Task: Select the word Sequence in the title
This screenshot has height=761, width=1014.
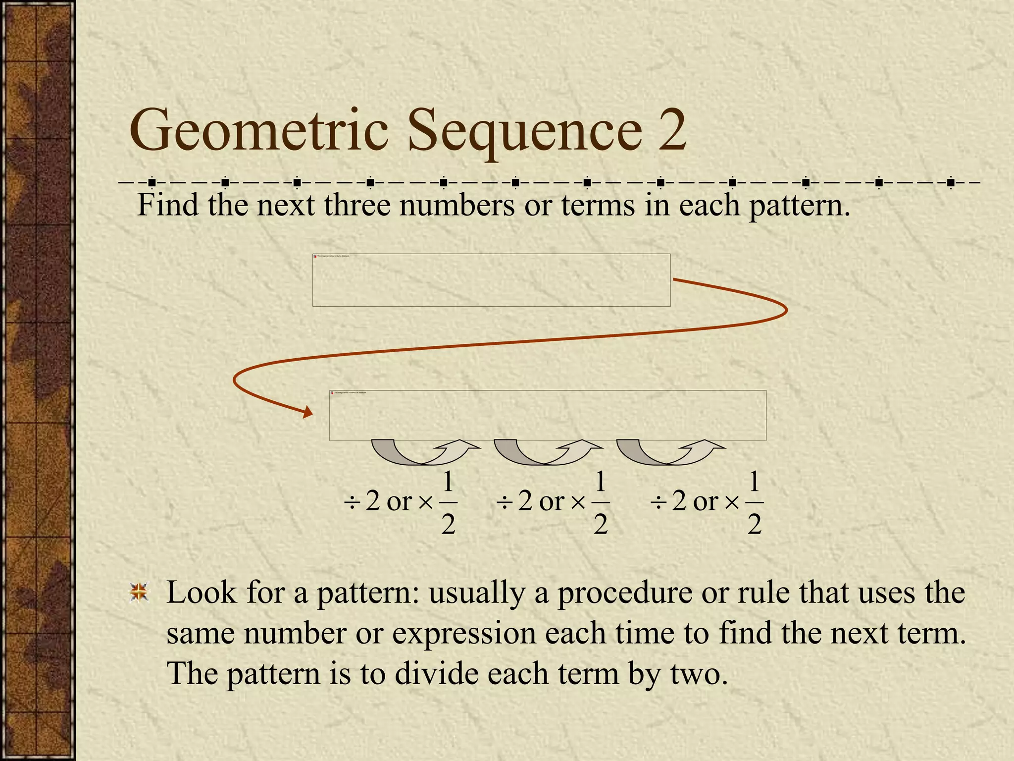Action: pos(525,131)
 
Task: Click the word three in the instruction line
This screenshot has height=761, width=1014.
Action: pos(357,205)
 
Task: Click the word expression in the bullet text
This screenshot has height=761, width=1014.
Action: pos(464,634)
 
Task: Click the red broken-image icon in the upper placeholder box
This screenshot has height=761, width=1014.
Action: pos(315,256)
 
